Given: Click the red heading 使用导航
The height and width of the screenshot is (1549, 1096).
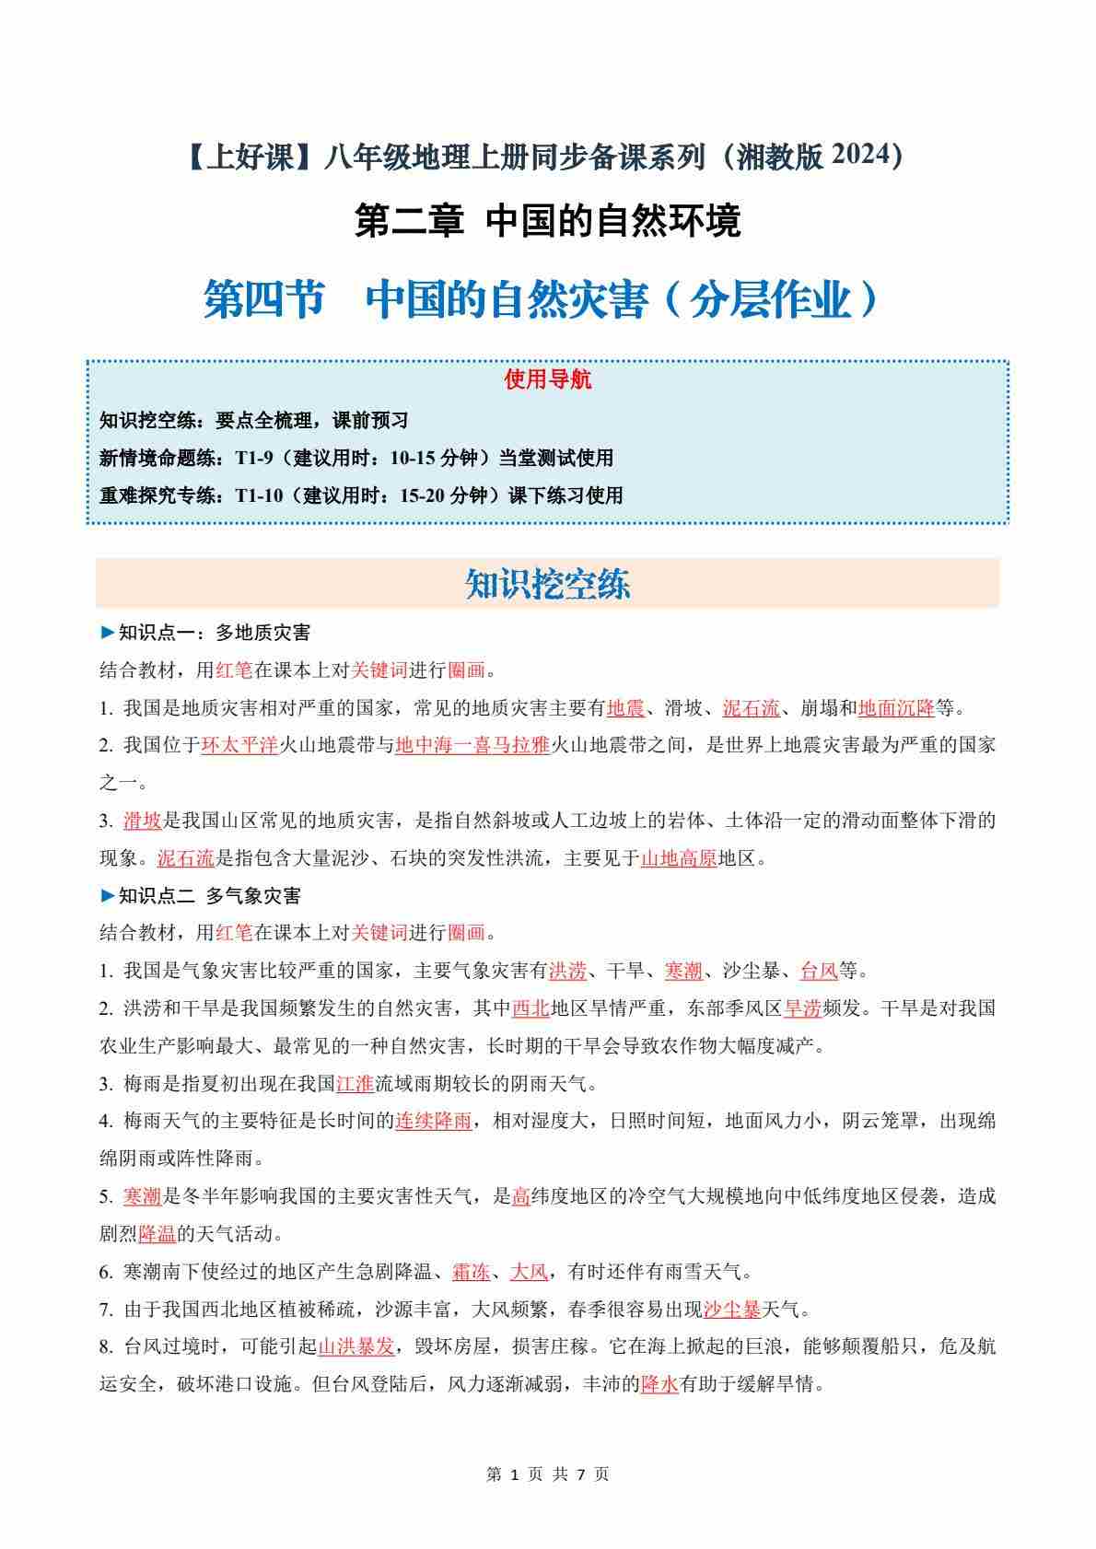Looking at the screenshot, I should [548, 379].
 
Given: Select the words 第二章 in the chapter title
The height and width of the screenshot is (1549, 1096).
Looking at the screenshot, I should [409, 222].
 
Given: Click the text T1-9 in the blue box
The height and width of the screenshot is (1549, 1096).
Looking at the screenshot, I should [253, 458].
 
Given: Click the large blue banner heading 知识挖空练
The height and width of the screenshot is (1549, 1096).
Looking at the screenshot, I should [548, 584].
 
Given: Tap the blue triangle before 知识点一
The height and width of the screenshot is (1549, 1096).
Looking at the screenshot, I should [108, 633].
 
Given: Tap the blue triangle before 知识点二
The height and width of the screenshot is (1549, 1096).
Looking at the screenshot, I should [108, 895].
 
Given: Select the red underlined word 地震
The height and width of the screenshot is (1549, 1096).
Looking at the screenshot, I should [625, 708].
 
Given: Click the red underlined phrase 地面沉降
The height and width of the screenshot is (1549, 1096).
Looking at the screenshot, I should [896, 708].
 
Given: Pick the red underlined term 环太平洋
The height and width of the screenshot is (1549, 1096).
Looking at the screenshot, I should [239, 745].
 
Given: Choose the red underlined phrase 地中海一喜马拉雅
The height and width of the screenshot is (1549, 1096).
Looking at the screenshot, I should [472, 745].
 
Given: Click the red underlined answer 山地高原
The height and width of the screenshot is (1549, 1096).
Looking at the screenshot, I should [678, 859].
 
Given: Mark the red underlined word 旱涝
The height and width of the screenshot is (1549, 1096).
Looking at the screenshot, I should [802, 1008].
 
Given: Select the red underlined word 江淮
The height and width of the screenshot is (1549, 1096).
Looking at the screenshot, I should [356, 1084].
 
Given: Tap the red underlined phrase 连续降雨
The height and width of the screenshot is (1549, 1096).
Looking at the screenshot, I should [434, 1122].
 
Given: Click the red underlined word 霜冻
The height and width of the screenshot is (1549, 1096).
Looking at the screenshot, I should [471, 1272].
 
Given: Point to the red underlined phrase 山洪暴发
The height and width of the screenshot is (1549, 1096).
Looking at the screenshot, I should [356, 1346].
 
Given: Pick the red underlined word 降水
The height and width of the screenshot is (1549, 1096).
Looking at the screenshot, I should [659, 1384].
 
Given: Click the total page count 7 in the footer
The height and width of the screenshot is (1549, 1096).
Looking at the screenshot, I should [581, 1474].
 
